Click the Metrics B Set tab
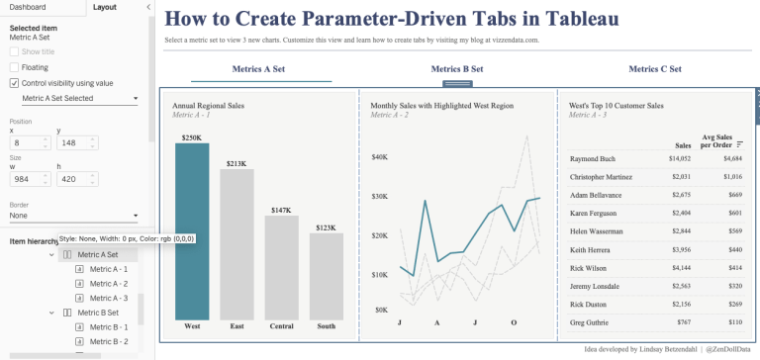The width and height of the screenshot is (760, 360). point(457,69)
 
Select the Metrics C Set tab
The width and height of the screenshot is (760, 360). point(655,69)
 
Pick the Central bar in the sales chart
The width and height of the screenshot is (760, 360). point(281,267)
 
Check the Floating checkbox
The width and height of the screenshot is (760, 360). point(14,67)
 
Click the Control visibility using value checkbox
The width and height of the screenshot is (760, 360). point(14,83)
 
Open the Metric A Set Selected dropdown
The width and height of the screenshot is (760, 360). point(79,99)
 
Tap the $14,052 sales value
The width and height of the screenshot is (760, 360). point(680,158)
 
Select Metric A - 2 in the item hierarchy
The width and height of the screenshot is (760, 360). point(108,283)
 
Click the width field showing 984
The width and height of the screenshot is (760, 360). point(24,180)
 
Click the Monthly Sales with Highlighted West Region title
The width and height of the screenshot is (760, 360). point(442,105)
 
